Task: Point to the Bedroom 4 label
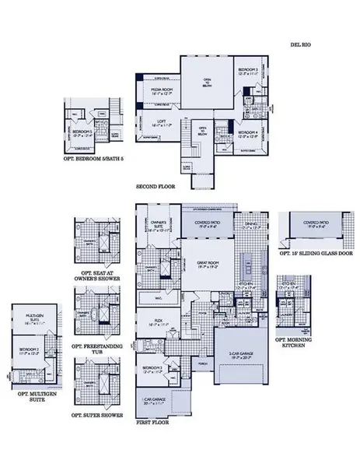point(249,131)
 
